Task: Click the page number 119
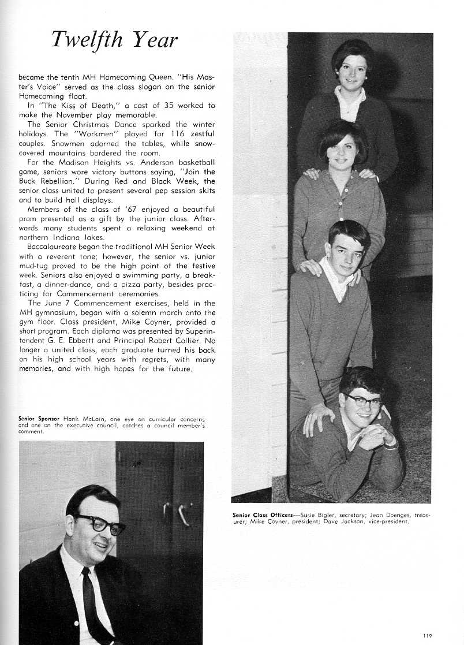pyautogui.click(x=427, y=635)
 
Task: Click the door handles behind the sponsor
pyautogui.click(x=177, y=513)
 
